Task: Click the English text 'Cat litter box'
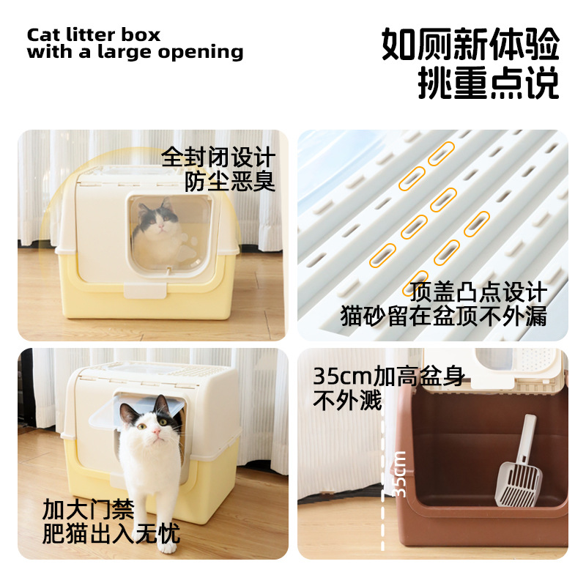93,34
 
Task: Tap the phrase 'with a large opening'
135,52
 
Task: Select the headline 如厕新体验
470,45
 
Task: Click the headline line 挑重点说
488,84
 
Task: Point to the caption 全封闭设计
218,157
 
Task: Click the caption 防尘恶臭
230,181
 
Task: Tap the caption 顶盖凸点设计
478,292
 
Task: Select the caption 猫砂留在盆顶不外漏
444,316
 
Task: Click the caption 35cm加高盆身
389,377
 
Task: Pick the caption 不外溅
348,400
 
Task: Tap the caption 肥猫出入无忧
111,533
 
